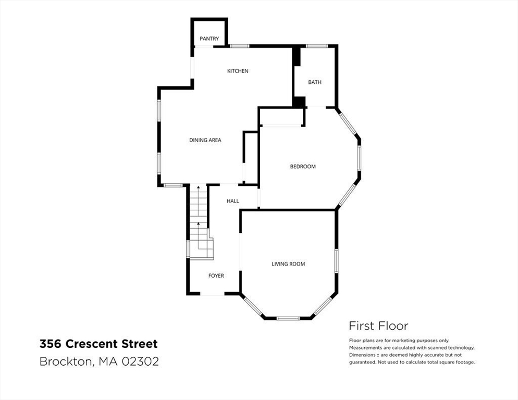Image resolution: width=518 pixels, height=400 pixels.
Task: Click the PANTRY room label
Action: (209, 39)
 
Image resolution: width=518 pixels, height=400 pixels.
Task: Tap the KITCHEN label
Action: (238, 71)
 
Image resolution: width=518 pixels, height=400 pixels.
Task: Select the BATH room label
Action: (315, 82)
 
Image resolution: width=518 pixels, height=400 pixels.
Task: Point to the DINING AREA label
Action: (205, 140)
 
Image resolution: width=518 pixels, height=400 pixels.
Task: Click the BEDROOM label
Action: (303, 167)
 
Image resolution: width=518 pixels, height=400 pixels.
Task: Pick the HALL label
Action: (232, 201)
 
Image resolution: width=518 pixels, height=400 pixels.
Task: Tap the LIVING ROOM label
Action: (288, 264)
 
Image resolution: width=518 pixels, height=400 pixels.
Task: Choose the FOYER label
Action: (216, 276)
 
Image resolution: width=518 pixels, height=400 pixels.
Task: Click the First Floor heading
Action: (378, 326)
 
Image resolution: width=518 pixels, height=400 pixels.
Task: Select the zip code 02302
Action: (140, 361)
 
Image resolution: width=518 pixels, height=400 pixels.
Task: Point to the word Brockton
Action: (68, 361)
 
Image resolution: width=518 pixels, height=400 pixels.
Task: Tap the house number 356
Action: (51, 344)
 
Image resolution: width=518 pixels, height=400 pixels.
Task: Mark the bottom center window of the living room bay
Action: (288, 318)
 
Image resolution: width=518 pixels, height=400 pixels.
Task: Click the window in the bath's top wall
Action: (316, 46)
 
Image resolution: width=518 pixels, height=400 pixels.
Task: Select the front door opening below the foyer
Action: (212, 293)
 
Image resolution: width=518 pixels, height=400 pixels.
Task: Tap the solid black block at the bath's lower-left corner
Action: (299, 102)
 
